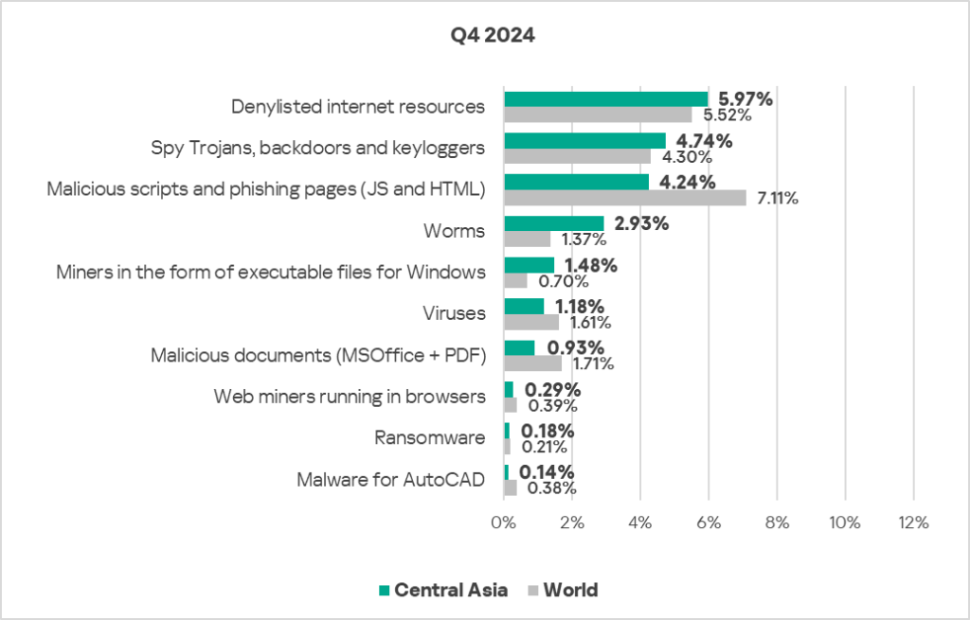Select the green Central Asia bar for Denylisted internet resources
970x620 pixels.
point(605,99)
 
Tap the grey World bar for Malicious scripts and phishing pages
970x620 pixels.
point(624,197)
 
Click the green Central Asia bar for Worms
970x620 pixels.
point(553,223)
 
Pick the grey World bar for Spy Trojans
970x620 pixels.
point(577,156)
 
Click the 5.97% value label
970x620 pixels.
point(745,98)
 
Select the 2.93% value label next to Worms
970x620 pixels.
point(641,223)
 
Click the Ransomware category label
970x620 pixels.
point(430,437)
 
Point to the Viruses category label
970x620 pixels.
point(454,313)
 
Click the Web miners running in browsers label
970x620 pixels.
point(350,396)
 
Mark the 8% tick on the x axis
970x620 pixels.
point(776,523)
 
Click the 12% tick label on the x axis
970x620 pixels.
point(912,523)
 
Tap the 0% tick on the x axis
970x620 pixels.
point(504,523)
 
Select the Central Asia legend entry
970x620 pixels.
point(441,590)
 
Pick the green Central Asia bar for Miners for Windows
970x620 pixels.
point(529,265)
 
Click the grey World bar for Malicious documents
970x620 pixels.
point(532,363)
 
